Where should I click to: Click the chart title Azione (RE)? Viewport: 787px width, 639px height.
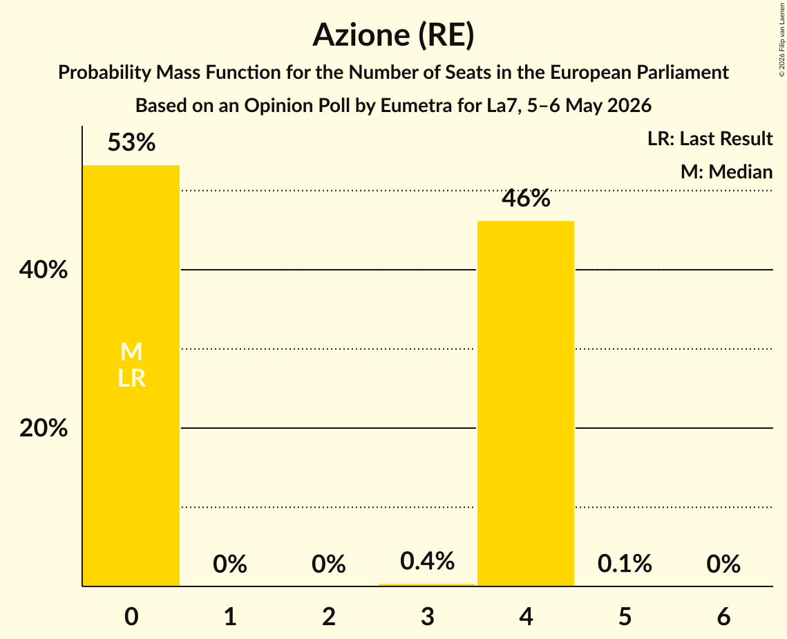click(x=394, y=35)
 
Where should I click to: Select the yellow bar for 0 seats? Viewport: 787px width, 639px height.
click(x=131, y=376)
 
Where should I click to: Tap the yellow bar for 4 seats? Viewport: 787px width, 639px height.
click(x=526, y=403)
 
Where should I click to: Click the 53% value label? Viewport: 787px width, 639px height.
click(x=131, y=142)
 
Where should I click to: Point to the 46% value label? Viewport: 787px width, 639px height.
click(x=526, y=198)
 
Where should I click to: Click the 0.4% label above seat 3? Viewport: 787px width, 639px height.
click(x=427, y=561)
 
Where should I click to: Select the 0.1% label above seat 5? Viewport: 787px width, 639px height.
click(x=625, y=564)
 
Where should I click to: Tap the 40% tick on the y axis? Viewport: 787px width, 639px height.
click(x=44, y=270)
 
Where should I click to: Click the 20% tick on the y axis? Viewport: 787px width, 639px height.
click(x=44, y=428)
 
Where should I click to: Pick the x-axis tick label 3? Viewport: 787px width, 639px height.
click(x=427, y=616)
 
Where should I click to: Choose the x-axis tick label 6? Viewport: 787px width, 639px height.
click(x=723, y=616)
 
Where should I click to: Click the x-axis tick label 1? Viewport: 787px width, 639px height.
click(x=230, y=616)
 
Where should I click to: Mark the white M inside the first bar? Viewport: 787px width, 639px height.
click(x=131, y=351)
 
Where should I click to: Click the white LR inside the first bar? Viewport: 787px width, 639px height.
click(x=131, y=378)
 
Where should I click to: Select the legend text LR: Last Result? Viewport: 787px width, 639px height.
click(x=710, y=138)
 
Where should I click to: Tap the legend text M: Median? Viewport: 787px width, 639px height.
click(x=726, y=172)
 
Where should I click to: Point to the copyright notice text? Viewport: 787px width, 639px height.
click(x=781, y=39)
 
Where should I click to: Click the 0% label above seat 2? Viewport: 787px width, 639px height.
click(x=328, y=564)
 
